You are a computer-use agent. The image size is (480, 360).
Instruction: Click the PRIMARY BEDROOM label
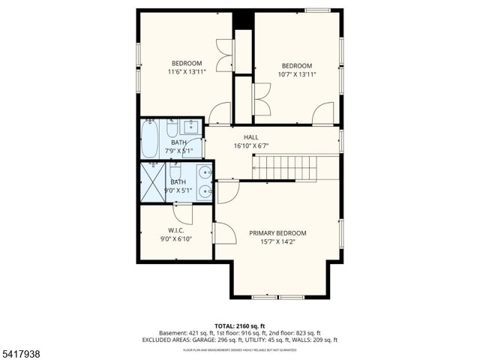(x=277, y=233)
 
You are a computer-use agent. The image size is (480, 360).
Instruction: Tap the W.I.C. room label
(x=176, y=230)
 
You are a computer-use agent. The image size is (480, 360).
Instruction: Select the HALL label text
(x=250, y=137)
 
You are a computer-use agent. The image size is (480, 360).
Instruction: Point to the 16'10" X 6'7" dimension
(x=250, y=146)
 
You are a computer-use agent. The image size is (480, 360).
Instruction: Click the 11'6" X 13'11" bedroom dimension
(x=187, y=73)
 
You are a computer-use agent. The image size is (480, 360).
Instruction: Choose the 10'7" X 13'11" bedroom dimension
(x=297, y=74)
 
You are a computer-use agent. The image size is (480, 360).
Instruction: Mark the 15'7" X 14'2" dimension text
(x=277, y=242)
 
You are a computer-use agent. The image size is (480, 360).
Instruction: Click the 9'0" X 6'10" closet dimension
(x=176, y=239)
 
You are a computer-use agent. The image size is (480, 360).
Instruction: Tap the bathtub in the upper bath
(x=150, y=138)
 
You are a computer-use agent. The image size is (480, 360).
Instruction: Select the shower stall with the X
(x=152, y=182)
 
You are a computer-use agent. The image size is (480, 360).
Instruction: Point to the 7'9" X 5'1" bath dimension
(x=178, y=151)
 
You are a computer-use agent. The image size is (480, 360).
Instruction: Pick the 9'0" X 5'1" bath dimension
(x=178, y=190)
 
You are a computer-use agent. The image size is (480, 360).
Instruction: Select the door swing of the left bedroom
(x=220, y=114)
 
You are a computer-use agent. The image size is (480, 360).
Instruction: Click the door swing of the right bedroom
(x=323, y=114)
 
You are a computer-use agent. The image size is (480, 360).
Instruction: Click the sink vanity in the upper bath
(x=193, y=126)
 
